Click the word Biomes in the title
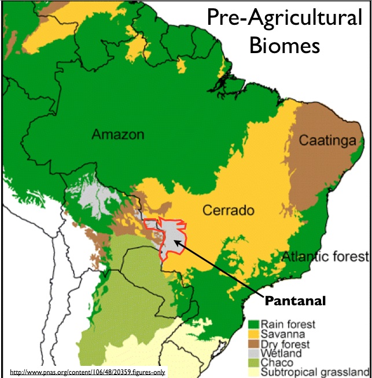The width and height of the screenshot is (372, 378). click(284, 44)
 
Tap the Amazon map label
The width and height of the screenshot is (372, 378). click(117, 135)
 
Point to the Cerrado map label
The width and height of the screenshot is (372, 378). click(228, 211)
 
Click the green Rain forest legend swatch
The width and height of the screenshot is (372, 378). click(253, 324)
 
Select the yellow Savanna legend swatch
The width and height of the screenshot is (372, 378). click(253, 334)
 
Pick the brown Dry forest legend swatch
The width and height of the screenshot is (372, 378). click(253, 343)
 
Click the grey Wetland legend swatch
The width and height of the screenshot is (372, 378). click(253, 353)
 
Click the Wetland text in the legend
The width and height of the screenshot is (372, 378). click(281, 353)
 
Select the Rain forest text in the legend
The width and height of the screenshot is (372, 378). click(288, 324)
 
